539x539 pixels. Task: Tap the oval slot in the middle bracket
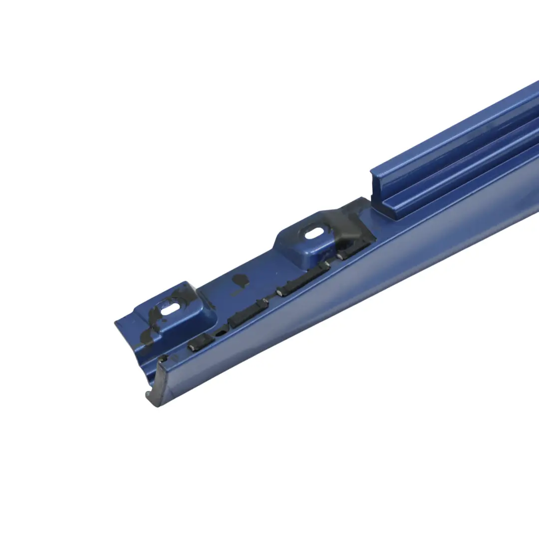pos(314,233)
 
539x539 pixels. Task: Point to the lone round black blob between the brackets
pos(241,280)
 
